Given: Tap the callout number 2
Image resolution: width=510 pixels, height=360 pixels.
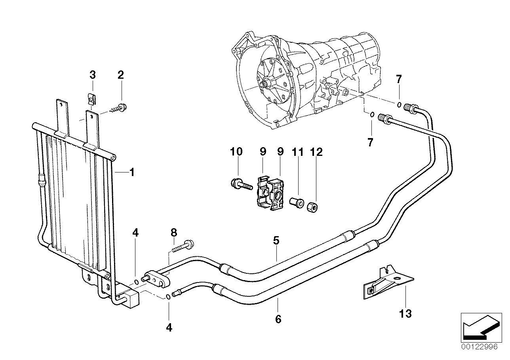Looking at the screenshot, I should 121,74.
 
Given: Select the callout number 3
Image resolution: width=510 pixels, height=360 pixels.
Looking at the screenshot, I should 92,74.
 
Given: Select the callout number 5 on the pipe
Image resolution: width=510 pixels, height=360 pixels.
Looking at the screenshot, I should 276,240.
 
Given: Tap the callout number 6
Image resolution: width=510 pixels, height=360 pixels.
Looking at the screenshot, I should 278,318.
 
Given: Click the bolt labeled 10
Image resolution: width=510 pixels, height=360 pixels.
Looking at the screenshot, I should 240,184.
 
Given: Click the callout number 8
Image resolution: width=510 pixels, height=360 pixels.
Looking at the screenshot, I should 173,233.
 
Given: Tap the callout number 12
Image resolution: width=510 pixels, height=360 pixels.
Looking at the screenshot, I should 317,152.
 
